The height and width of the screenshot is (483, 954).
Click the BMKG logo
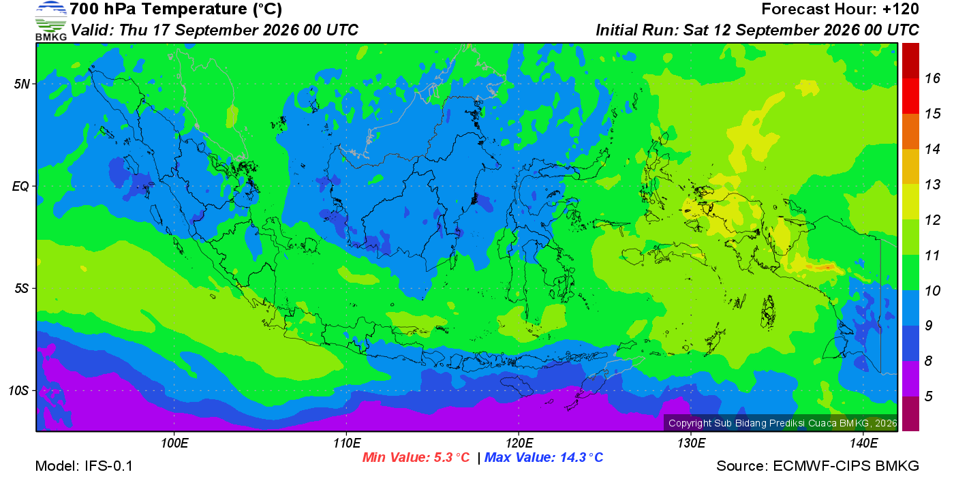pyautogui.click(x=50, y=21)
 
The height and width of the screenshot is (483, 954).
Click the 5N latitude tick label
pyautogui.click(x=22, y=84)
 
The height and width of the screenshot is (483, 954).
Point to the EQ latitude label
pyautogui.click(x=20, y=187)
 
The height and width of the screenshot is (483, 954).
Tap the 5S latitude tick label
pyautogui.click(x=21, y=289)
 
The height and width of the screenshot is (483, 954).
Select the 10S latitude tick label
pyautogui.click(x=18, y=391)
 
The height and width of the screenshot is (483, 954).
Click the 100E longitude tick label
pyautogui.click(x=174, y=443)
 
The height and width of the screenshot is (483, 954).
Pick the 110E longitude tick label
pyautogui.click(x=347, y=443)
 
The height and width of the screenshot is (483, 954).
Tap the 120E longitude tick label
pyautogui.click(x=519, y=443)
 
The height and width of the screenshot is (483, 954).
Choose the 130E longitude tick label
pyautogui.click(x=691, y=443)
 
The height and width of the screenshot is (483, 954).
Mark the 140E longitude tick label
pyautogui.click(x=864, y=443)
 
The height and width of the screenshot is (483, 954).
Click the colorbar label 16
pyautogui.click(x=933, y=78)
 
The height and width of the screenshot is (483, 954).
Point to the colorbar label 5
pyautogui.click(x=929, y=396)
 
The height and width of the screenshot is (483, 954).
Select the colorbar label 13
pyautogui.click(x=933, y=185)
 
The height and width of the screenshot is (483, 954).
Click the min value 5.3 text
pyautogui.click(x=416, y=457)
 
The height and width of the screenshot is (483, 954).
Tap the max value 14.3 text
pyautogui.click(x=544, y=457)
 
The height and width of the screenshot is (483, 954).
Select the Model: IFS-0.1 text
pyautogui.click(x=84, y=466)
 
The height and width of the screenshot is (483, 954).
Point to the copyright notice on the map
pyautogui.click(x=783, y=423)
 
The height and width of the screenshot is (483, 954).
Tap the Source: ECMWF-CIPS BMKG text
pyautogui.click(x=818, y=466)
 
